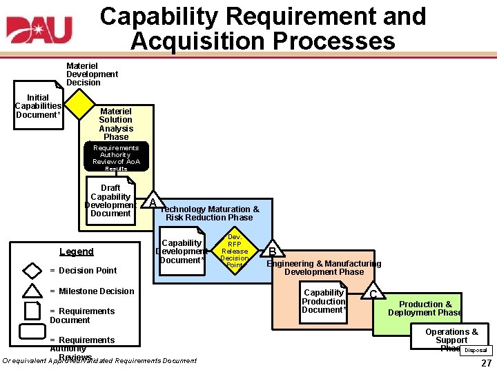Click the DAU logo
click(x=39, y=30)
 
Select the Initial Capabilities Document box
click(x=38, y=106)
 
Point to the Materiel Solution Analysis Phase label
click(x=115, y=124)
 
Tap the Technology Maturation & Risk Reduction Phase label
click(x=209, y=214)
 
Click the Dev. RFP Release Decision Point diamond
click(x=235, y=251)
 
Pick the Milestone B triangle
click(x=273, y=251)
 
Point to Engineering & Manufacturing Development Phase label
click(x=324, y=267)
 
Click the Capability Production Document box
click(x=324, y=301)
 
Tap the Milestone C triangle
click(x=373, y=293)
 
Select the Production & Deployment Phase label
click(x=425, y=308)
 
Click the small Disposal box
click(x=476, y=351)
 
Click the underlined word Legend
click(x=76, y=251)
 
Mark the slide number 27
click(x=486, y=363)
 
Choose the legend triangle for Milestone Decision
click(x=32, y=291)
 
